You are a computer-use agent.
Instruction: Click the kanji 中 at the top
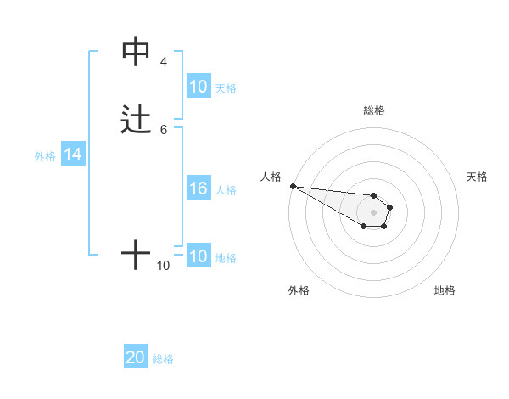pos(136,52)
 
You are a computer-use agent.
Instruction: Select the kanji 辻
pos(136,119)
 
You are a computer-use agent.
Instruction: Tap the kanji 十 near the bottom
pos(136,254)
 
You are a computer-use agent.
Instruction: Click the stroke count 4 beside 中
pos(164,62)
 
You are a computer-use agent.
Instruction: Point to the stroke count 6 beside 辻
pos(164,129)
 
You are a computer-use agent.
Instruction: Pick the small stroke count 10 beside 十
pos(164,266)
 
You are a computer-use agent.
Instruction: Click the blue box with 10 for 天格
pos(198,87)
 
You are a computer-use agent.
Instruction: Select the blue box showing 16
pos(198,189)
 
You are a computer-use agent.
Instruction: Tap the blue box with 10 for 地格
pos(198,256)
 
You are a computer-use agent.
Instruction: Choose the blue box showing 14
pos(73,155)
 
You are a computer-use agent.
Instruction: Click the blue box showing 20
pos(136,358)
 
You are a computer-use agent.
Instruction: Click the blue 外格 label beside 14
pos(45,156)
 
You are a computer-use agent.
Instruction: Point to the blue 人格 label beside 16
pos(226,190)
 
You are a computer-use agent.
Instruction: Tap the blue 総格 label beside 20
pos(163,359)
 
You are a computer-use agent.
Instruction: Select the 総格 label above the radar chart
pos(373,110)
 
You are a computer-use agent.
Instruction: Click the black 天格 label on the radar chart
pos(477,177)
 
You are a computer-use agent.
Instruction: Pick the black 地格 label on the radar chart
pos(445,290)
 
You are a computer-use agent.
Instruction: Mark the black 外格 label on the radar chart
pos(299,290)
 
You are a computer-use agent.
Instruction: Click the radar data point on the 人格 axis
pos(293,186)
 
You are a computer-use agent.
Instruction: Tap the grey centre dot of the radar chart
pos(373,212)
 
